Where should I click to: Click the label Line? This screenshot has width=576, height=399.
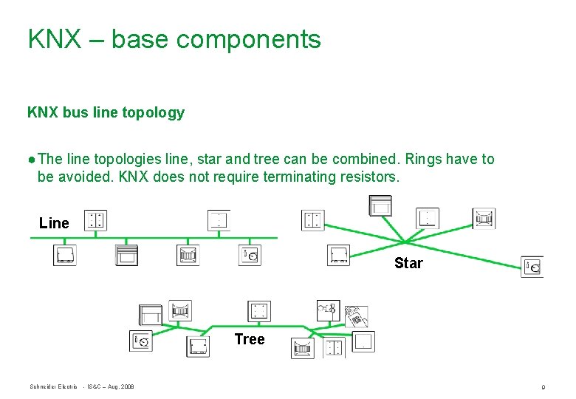click(54, 223)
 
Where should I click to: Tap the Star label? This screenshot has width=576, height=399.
click(408, 263)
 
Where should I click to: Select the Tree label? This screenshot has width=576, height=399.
click(249, 339)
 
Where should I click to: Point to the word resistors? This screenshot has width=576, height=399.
click(368, 177)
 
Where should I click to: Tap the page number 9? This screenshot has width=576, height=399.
click(543, 386)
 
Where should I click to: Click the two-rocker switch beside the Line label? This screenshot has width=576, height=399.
click(95, 220)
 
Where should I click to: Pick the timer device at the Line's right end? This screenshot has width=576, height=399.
click(250, 256)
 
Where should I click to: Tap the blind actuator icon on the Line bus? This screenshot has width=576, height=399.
click(126, 256)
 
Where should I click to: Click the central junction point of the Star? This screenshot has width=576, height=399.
click(404, 241)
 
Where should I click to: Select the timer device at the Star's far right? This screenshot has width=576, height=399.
click(532, 267)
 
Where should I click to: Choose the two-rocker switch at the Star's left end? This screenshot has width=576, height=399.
click(312, 220)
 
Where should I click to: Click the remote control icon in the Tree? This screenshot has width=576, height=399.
click(357, 316)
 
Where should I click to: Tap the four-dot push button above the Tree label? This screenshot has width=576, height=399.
click(259, 312)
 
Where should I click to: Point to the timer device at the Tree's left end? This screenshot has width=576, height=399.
click(141, 341)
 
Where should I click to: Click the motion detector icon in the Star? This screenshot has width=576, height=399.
click(484, 219)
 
